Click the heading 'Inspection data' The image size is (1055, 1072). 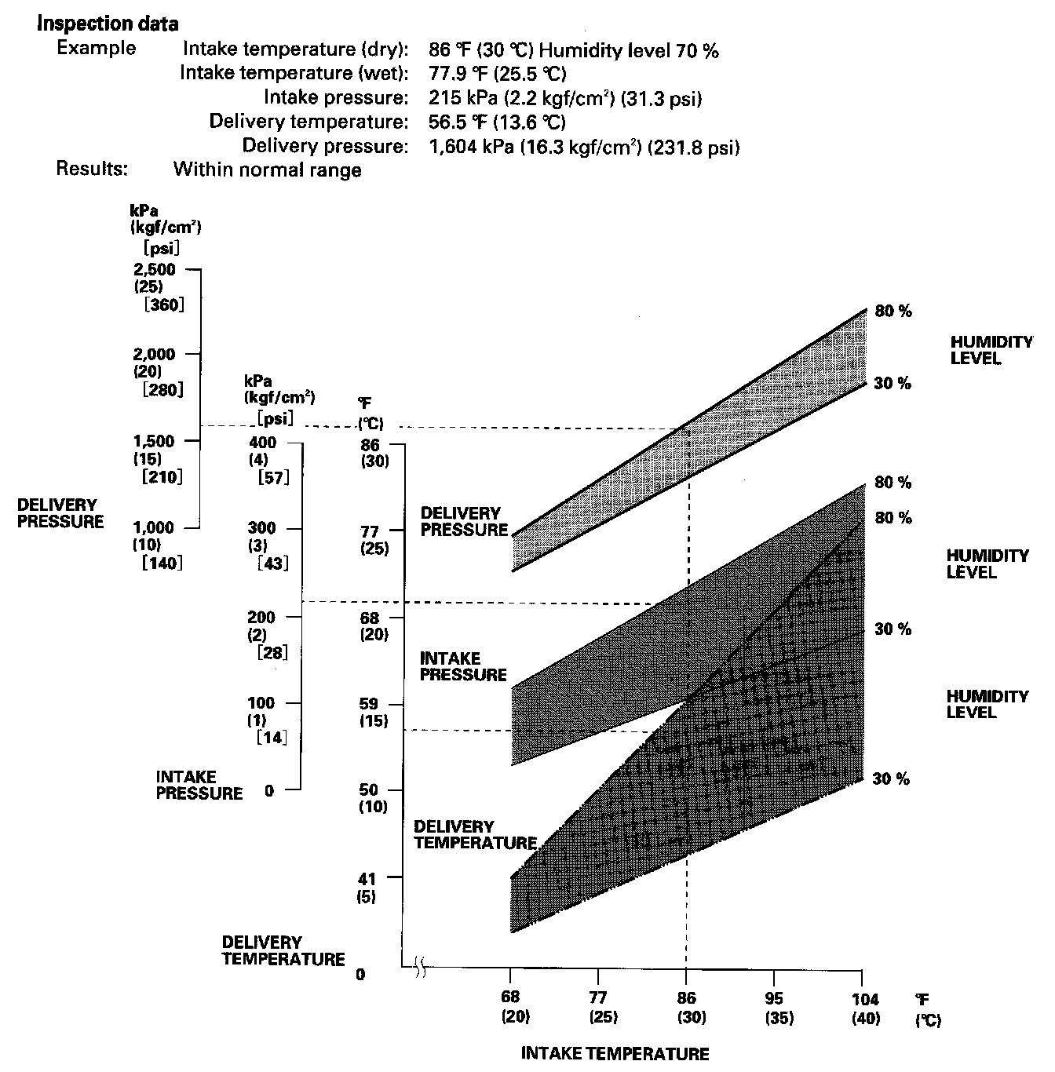coord(108,24)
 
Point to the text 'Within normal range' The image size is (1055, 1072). coord(267,170)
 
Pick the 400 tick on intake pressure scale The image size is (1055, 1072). coord(294,443)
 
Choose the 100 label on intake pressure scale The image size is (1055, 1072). coord(262,703)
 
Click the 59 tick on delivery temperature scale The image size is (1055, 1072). coord(396,703)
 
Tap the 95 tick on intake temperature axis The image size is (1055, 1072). coord(775,978)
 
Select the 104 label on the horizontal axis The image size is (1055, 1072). coord(864,1001)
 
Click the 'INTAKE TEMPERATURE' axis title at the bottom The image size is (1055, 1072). coord(615,1054)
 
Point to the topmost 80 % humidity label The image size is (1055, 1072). coord(893,312)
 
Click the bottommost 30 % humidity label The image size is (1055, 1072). coord(891,779)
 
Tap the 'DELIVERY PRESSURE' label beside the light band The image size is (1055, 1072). coord(465,522)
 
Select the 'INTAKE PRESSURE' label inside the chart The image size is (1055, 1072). coord(463,667)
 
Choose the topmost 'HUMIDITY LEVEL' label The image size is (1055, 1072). coord(991,351)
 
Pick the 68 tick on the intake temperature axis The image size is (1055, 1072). coord(511,978)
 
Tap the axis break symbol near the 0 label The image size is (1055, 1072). coord(420,970)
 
